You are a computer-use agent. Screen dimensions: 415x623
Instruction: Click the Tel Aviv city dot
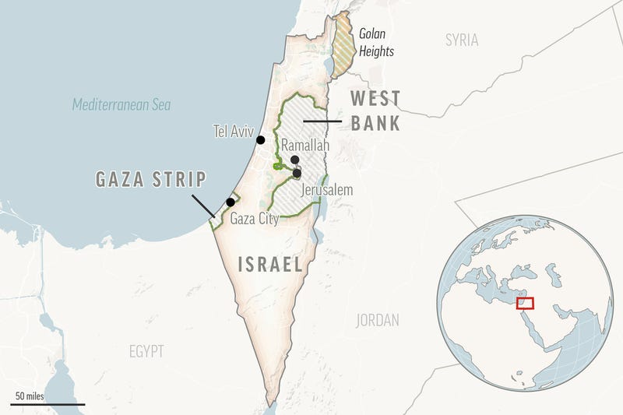click(x=261, y=140)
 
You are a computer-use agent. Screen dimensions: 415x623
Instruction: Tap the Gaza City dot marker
click(x=231, y=202)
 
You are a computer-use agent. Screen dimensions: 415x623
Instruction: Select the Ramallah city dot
click(x=294, y=160)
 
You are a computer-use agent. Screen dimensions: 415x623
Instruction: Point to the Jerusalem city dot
click(x=297, y=173)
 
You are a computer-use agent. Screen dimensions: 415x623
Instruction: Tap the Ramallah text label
click(x=305, y=146)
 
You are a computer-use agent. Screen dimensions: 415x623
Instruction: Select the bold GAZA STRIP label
click(x=151, y=180)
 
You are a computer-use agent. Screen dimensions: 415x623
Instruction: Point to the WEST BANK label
click(x=375, y=111)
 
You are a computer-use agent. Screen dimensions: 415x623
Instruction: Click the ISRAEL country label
click(x=270, y=265)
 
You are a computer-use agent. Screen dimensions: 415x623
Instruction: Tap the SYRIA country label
click(x=462, y=40)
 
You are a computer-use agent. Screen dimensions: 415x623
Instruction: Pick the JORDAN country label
click(x=378, y=320)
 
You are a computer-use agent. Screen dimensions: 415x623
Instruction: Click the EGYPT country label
click(x=146, y=352)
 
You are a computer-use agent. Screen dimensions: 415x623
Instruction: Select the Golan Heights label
click(x=376, y=43)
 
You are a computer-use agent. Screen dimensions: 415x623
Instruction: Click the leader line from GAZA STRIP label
click(x=203, y=204)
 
